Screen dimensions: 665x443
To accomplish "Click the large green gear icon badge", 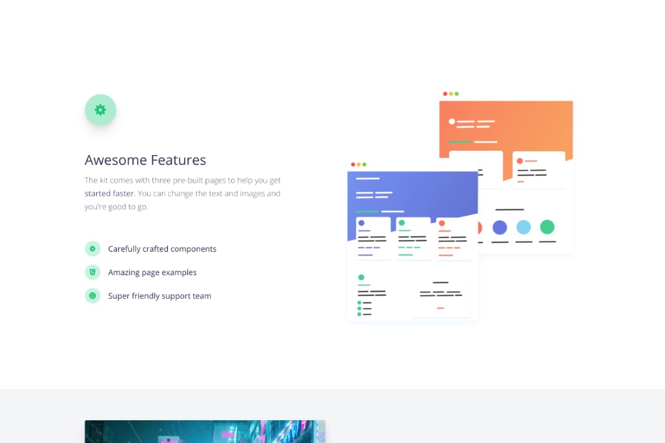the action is [101, 110].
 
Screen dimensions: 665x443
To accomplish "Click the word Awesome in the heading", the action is [116, 160].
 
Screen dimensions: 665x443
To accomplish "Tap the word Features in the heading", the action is [179, 160].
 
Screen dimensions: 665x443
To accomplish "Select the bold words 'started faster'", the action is [109, 193].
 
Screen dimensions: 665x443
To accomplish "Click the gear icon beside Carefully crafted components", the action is [93, 249].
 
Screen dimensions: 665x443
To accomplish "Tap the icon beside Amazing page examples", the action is [93, 272].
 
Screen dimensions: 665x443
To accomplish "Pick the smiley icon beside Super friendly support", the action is [93, 296].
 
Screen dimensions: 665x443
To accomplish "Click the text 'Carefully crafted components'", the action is [162, 249].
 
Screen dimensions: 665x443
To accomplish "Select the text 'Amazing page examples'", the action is [152, 272].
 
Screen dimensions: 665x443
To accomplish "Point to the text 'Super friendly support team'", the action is [159, 296].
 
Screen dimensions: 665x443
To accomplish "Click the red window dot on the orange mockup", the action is [445, 94].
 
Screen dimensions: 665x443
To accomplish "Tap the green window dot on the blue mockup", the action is [364, 164].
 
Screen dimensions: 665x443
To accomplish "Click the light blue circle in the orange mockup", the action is [523, 228].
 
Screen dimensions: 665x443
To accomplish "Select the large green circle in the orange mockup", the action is [547, 228].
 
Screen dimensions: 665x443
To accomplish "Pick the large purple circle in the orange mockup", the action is [500, 228].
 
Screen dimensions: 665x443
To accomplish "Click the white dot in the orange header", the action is [452, 121].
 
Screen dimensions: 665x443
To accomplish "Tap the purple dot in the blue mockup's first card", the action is [361, 223].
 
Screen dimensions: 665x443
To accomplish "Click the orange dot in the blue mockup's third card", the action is [442, 223].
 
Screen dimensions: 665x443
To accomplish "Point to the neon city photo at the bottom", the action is [205, 432].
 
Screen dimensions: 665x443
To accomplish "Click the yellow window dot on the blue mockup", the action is [359, 164].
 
